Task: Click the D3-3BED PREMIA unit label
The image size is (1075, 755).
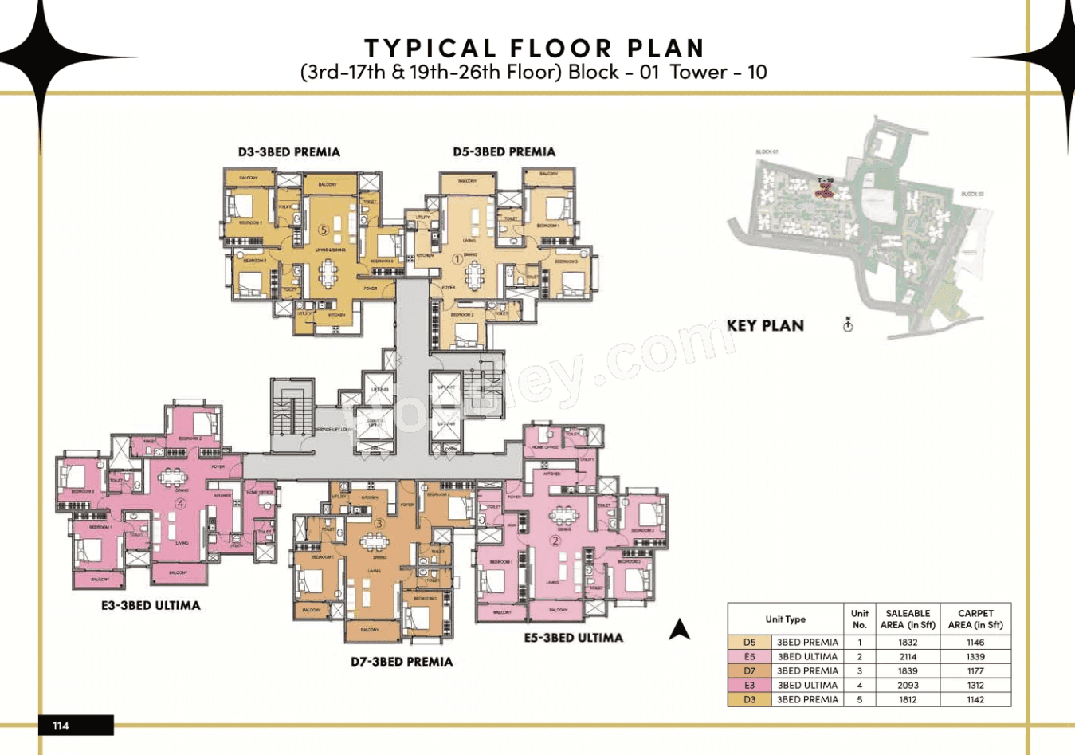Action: click(x=288, y=151)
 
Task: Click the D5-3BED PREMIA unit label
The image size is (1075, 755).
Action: click(x=504, y=151)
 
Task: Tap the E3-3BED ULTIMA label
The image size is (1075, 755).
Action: click(x=151, y=605)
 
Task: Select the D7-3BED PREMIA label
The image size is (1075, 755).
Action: click(x=402, y=662)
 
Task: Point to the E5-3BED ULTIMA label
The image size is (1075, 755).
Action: click(x=573, y=638)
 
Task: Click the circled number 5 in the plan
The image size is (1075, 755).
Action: click(x=324, y=230)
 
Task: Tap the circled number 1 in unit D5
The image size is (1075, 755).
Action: click(x=457, y=259)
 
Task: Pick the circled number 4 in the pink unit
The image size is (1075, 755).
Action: click(x=181, y=503)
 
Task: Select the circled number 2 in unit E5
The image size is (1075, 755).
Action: click(x=555, y=541)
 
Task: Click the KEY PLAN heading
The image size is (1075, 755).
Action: click(x=765, y=325)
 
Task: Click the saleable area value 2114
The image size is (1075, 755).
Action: click(x=908, y=656)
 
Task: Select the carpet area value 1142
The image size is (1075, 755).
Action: click(x=975, y=699)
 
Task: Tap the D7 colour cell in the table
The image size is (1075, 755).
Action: click(x=749, y=670)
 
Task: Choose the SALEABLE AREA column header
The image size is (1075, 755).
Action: click(x=908, y=619)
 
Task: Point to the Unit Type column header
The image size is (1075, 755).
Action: click(x=785, y=619)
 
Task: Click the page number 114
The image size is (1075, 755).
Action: click(x=61, y=726)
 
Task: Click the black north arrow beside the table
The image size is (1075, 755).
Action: click(x=679, y=630)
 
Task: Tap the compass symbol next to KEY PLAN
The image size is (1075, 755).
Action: click(x=848, y=324)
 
